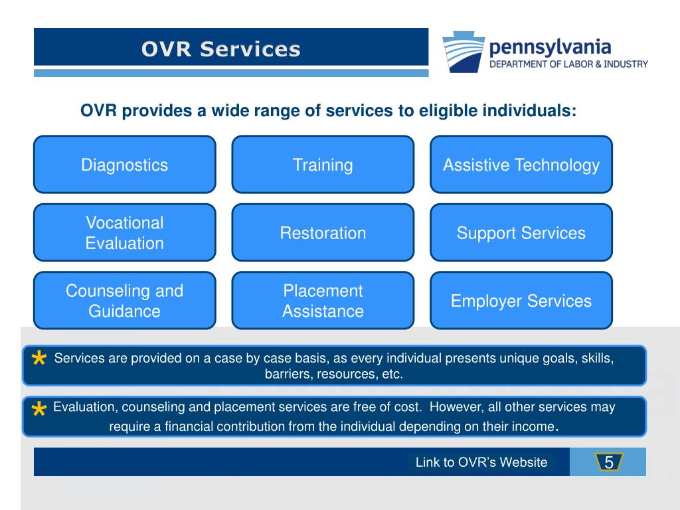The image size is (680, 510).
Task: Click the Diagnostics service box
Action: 125,165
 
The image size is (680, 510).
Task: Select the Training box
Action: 323,165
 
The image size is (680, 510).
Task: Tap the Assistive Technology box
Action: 521,165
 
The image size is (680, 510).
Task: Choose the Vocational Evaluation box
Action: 125,232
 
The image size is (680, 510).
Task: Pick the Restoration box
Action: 323,232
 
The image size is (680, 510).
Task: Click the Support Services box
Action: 521,232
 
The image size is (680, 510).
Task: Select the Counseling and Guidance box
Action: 125,300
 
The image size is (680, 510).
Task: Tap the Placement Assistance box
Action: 323,300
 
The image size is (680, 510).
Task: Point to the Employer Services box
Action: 521,300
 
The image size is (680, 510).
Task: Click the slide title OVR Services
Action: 220,49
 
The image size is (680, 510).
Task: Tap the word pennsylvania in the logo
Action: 550,47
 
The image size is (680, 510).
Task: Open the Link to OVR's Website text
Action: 481,462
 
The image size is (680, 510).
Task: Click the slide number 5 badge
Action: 608,462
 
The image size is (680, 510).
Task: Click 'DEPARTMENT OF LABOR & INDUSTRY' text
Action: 568,64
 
